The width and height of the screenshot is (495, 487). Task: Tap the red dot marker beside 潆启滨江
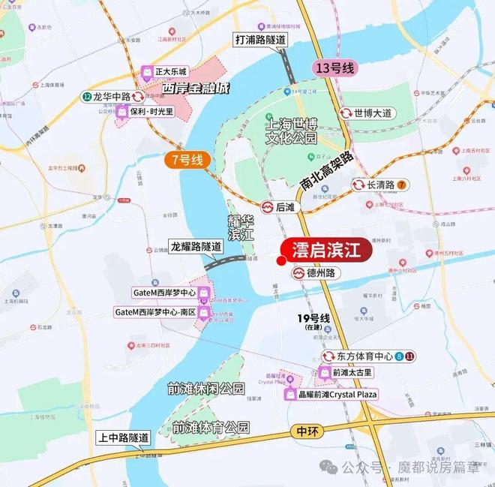[x=280, y=261]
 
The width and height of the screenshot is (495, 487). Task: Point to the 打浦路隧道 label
[x=260, y=38]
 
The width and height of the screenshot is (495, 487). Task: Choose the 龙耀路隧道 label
[x=196, y=246]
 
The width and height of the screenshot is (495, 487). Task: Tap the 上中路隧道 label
[x=123, y=437]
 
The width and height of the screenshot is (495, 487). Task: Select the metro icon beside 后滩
[x=267, y=206]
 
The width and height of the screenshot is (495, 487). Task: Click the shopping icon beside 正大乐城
[x=148, y=72]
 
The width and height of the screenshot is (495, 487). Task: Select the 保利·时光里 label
[x=151, y=112]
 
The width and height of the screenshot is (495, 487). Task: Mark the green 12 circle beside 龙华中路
[x=88, y=97]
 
